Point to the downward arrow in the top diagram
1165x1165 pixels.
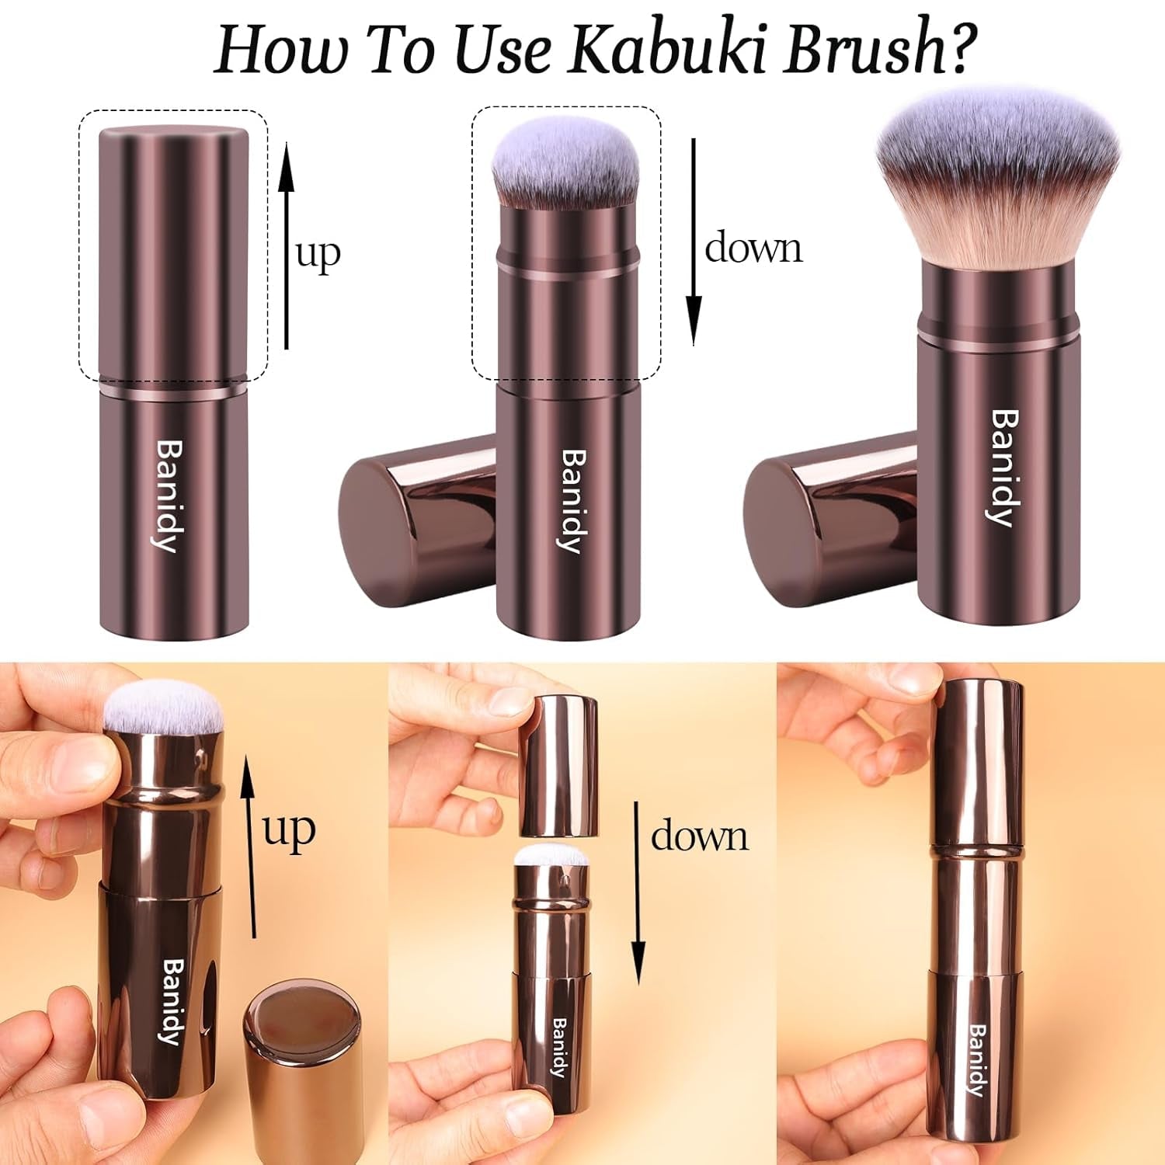[x=694, y=241]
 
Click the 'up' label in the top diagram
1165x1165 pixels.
[x=318, y=253]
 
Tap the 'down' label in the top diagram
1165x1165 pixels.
[x=753, y=249]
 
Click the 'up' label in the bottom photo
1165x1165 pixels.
[x=289, y=829]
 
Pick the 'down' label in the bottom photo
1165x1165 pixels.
[x=699, y=836]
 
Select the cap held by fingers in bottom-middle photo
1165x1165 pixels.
[x=558, y=765]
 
